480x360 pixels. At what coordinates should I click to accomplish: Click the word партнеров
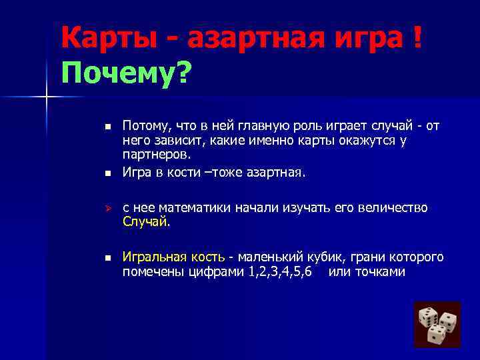click(156, 155)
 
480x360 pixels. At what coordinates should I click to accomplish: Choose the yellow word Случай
click(145, 222)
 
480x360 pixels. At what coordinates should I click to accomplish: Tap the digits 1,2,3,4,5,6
click(279, 272)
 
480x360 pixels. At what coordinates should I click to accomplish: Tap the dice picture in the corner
click(437, 324)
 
